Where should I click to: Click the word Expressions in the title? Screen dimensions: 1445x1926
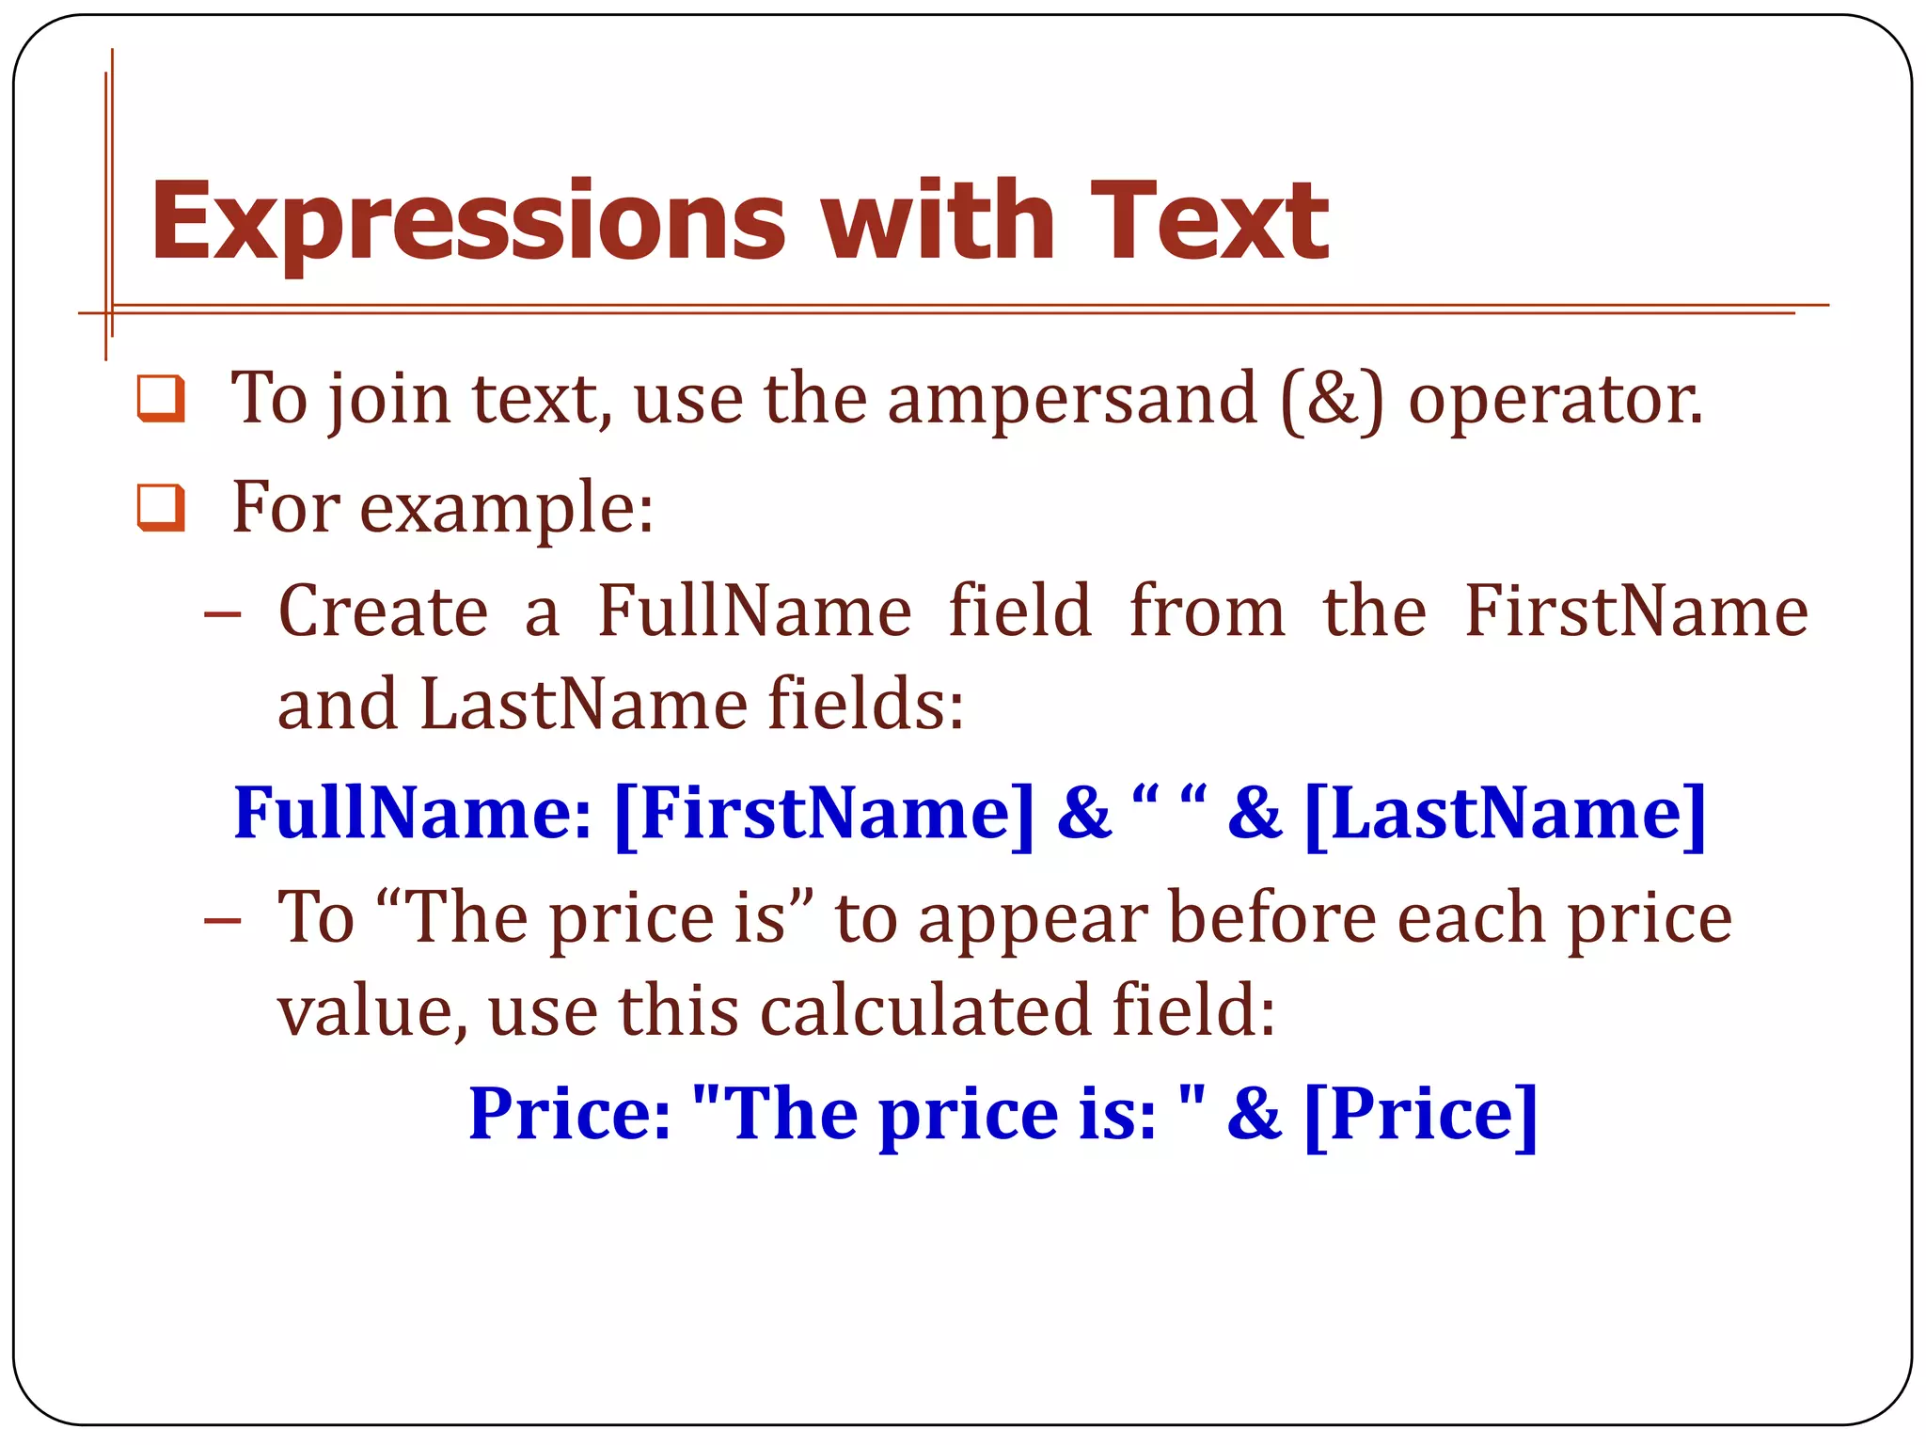point(467,224)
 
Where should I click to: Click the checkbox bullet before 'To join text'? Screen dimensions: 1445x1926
point(161,398)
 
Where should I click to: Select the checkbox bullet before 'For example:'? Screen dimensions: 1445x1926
point(161,507)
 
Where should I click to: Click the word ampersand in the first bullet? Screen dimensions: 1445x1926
point(1072,400)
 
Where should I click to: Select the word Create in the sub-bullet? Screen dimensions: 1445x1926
point(383,611)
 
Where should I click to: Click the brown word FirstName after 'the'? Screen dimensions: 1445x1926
point(1635,611)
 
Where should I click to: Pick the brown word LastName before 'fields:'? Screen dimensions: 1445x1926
point(582,705)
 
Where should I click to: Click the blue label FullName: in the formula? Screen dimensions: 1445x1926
point(413,813)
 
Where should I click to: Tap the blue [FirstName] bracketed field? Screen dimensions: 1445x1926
point(824,813)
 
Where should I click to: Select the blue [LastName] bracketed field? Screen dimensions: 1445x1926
point(1506,813)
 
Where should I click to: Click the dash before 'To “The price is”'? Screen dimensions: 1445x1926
point(222,919)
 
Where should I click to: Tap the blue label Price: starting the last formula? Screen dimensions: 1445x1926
point(570,1114)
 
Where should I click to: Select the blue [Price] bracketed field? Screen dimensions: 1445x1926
point(1421,1114)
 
